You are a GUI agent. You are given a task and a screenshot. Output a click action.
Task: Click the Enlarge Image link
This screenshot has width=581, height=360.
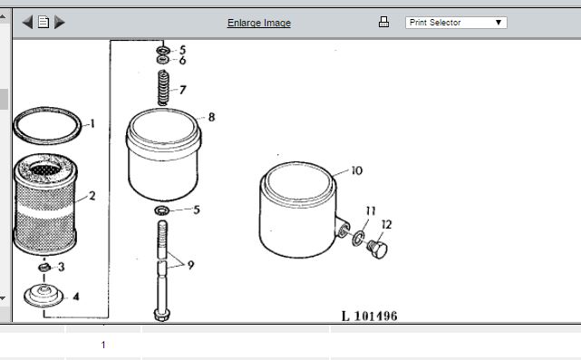(x=259, y=23)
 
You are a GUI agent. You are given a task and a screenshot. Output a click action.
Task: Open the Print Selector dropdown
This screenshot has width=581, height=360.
(x=456, y=23)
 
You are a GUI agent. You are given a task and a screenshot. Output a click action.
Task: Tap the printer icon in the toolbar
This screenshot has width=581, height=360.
(x=383, y=22)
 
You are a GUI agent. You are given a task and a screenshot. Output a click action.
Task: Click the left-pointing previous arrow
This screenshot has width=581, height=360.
(x=27, y=23)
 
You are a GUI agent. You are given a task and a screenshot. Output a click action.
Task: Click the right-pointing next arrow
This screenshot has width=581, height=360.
(x=59, y=23)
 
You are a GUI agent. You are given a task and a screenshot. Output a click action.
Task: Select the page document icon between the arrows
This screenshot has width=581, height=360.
(x=44, y=23)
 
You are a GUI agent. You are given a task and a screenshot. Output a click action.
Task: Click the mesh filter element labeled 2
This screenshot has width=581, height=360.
(x=45, y=204)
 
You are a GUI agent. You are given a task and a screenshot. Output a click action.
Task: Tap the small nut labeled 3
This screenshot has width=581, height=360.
(x=44, y=267)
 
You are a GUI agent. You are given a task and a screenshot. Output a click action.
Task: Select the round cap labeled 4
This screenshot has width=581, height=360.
(x=44, y=296)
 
